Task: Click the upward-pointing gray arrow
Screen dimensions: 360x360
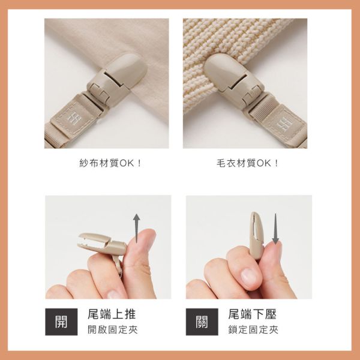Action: (137, 228)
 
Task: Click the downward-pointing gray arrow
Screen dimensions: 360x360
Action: (275, 229)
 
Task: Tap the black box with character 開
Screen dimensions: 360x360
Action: (61, 322)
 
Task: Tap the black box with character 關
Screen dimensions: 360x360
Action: (202, 322)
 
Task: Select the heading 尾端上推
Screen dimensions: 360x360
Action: (112, 314)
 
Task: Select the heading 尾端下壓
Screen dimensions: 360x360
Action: (253, 314)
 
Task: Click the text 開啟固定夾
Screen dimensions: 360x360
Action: (113, 330)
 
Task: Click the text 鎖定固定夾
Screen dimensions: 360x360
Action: (253, 330)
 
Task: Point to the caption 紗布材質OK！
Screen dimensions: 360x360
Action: (110, 163)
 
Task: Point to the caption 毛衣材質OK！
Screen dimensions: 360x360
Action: (247, 163)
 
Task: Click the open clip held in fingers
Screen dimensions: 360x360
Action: (102, 247)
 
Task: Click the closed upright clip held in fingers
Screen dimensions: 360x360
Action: (257, 235)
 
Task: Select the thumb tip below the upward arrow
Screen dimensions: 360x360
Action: (143, 239)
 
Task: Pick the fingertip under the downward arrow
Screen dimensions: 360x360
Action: (274, 248)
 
